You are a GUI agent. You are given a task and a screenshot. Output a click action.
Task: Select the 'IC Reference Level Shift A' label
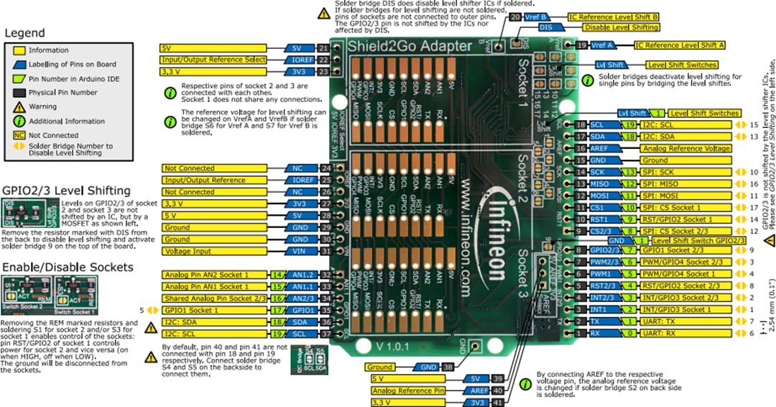679,45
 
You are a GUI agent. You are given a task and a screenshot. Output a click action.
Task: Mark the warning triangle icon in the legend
20,106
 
